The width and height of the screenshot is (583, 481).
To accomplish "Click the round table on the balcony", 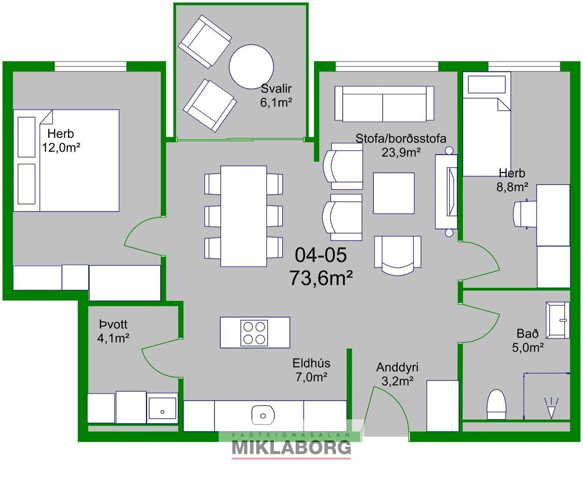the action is click(251, 67).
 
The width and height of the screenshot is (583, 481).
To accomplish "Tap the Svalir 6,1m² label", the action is click(276, 95).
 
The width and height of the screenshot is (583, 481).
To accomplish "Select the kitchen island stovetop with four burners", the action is click(254, 333).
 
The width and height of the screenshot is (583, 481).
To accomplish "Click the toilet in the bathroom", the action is click(496, 404).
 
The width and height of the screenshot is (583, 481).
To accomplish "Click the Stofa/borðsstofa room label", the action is click(401, 138).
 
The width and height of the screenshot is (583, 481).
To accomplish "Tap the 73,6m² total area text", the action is click(321, 277).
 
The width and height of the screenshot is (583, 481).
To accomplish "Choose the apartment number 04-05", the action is click(321, 255).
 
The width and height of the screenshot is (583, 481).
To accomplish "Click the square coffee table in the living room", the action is click(394, 193).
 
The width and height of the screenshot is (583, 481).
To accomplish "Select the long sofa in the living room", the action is click(384, 104).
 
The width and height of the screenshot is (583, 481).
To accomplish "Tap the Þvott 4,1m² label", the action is click(113, 331).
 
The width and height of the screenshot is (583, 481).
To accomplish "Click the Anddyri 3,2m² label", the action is click(397, 374).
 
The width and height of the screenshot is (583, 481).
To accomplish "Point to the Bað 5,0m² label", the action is click(528, 341).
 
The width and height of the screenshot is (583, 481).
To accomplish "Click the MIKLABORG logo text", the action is click(292, 448).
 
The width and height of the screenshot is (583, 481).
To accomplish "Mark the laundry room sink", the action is click(162, 408).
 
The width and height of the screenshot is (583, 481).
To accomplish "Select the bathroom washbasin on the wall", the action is click(557, 320).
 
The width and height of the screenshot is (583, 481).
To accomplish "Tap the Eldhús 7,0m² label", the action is click(311, 370).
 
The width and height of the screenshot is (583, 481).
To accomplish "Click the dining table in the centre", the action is click(244, 216).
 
